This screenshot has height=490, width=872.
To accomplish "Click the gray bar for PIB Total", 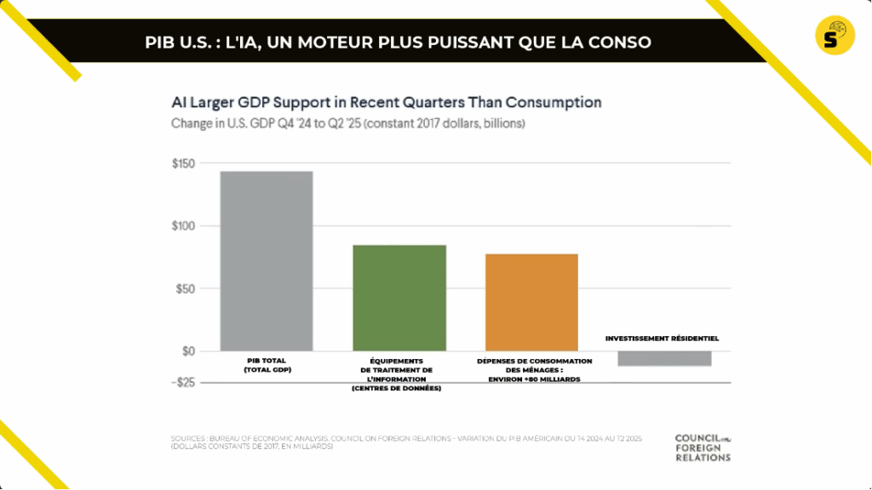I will pos(267,260).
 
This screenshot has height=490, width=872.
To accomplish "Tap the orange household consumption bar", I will pos(532,302).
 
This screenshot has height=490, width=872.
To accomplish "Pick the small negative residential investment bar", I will pos(664,358).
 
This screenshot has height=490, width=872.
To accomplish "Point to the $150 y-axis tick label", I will pos(184,163).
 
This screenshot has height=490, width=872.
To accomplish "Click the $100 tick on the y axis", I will pos(184,226).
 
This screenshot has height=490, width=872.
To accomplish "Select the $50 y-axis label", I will pos(186,288).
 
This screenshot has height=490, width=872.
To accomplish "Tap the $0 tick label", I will pos(189,350).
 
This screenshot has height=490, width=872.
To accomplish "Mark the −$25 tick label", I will pos(183,382).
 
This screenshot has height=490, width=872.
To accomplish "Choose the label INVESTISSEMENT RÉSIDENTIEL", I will pos(662,338).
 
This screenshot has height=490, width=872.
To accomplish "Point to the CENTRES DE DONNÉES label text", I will pos(400,388).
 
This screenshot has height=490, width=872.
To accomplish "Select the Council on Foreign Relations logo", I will pos(703,447).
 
